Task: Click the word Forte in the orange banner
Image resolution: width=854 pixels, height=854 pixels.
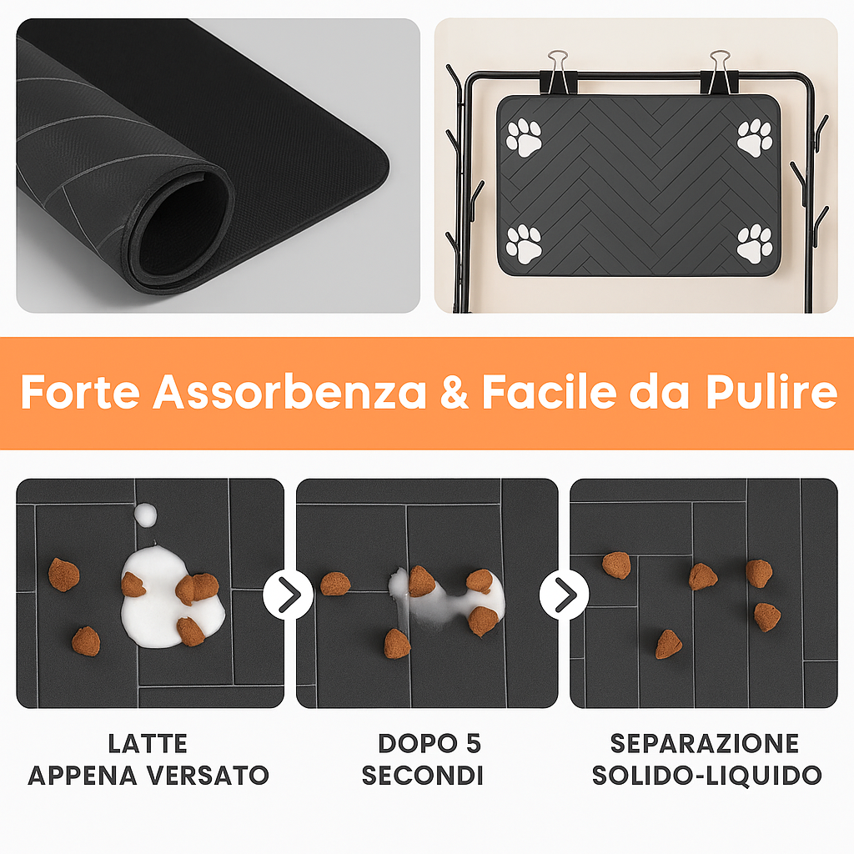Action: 79,393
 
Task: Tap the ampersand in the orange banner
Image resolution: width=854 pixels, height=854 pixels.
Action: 455,394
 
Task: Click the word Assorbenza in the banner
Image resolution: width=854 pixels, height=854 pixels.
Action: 289,393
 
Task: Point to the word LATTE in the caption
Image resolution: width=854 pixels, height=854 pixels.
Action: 148,743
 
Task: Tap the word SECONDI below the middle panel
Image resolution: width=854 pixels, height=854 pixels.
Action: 423,775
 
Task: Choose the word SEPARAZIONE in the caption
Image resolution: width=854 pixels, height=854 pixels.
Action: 705,743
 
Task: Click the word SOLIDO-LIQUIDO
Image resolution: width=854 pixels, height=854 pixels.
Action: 706,775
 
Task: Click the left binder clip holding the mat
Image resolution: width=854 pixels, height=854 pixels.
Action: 557,73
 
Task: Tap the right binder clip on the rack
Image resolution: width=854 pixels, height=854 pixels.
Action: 719,73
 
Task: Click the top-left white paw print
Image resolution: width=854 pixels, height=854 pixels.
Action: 525,138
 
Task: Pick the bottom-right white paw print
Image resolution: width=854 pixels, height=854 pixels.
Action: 755,244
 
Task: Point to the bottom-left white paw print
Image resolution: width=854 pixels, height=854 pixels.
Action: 524,244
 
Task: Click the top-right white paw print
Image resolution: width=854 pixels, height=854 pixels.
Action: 755,138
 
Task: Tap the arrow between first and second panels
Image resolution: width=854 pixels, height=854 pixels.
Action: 289,595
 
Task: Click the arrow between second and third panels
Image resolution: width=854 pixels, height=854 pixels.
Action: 565,595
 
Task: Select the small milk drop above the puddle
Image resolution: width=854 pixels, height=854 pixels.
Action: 147,515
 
